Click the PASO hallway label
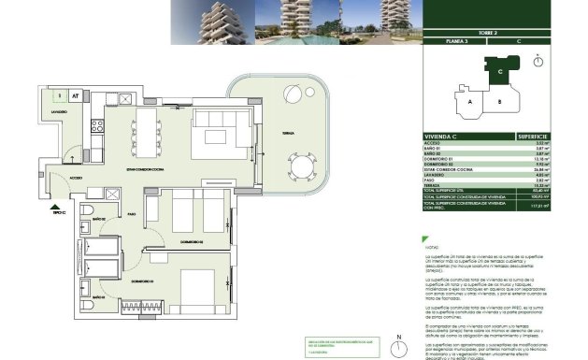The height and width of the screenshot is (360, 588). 132,213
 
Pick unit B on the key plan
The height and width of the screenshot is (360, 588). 500,101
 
